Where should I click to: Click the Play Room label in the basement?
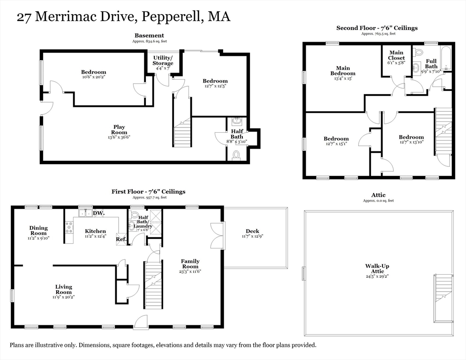[x=119, y=130]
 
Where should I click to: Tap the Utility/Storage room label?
[x=163, y=60]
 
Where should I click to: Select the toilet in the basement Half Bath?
[x=237, y=155]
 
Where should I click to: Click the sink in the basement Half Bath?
[x=237, y=120]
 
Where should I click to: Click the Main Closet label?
[x=397, y=55]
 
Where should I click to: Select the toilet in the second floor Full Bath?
[x=419, y=52]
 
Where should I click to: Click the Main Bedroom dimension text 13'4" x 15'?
[x=343, y=78]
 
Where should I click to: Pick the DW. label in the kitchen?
[x=98, y=213]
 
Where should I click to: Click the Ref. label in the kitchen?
[x=121, y=239]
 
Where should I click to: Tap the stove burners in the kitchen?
[x=69, y=227]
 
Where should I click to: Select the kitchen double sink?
[x=85, y=213]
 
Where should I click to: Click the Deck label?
[x=252, y=231]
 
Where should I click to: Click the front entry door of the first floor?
[x=140, y=322]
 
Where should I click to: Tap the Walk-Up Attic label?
[x=377, y=269]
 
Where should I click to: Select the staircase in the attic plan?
[x=443, y=288]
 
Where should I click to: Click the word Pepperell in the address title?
[x=172, y=17]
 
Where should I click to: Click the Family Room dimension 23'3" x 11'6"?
[x=190, y=271]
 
